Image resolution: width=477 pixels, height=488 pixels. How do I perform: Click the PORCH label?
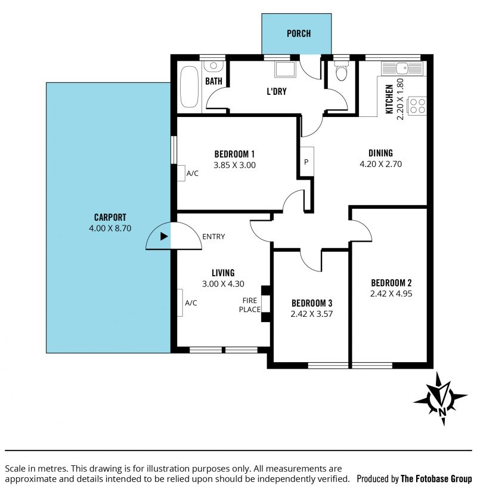pyautogui.click(x=299, y=33)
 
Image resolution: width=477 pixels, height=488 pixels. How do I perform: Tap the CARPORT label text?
pyautogui.click(x=110, y=217)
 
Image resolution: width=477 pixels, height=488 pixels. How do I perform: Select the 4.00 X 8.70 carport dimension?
pyautogui.click(x=110, y=228)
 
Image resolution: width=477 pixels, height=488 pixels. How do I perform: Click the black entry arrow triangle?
pyautogui.click(x=164, y=236)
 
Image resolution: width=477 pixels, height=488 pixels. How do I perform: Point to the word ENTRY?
pyautogui.click(x=213, y=236)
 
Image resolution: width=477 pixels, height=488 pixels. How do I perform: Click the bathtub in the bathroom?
pyautogui.click(x=189, y=87)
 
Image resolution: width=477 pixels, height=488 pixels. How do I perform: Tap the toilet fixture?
pyautogui.click(x=341, y=71)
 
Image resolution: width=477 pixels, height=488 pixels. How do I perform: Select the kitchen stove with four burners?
pyautogui.click(x=417, y=106)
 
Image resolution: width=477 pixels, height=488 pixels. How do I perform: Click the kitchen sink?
pyautogui.click(x=402, y=69)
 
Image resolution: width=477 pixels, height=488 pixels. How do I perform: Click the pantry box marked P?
pyautogui.click(x=307, y=162)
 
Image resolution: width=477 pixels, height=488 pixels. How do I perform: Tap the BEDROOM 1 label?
pyautogui.click(x=234, y=154)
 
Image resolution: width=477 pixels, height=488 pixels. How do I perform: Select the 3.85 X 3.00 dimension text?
pyautogui.click(x=234, y=165)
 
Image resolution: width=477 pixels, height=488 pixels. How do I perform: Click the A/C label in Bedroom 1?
pyautogui.click(x=193, y=174)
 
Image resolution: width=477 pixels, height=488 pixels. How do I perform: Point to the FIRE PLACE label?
pyautogui.click(x=250, y=305)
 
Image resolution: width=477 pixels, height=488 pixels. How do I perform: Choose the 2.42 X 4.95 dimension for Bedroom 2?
pyautogui.click(x=391, y=294)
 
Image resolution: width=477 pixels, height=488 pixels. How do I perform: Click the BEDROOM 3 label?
pyautogui.click(x=312, y=303)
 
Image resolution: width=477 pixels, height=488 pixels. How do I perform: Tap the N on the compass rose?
pyautogui.click(x=442, y=412)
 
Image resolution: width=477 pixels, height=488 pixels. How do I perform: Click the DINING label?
pyautogui.click(x=380, y=153)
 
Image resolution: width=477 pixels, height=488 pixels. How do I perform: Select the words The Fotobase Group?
pyautogui.click(x=436, y=478)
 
